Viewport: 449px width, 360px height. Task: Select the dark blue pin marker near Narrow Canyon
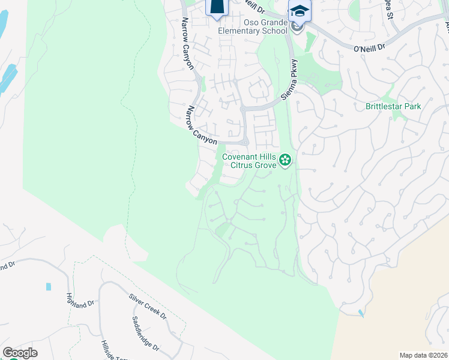pyautogui.click(x=217, y=7)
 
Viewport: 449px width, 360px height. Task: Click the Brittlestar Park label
pyautogui.click(x=393, y=106)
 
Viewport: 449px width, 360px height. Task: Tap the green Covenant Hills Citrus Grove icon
pyautogui.click(x=285, y=160)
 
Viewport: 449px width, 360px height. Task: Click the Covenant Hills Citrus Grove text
pyautogui.click(x=249, y=161)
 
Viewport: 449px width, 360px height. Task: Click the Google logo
pyautogui.click(x=20, y=353)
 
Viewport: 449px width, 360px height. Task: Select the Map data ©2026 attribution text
pyautogui.click(x=423, y=355)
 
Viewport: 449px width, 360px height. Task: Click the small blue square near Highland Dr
pyautogui.click(x=48, y=287)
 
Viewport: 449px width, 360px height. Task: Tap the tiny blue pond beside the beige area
pyautogui.click(x=360, y=313)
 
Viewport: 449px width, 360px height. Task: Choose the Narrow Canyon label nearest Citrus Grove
pyautogui.click(x=201, y=125)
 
